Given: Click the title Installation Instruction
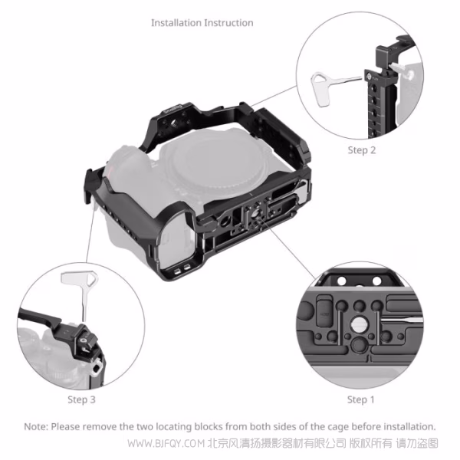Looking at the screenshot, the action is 202,23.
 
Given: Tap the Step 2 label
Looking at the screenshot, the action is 361,150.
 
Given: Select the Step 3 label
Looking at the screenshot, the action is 81,399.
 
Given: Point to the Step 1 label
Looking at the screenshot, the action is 361,399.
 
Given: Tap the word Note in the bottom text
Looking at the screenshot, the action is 35,426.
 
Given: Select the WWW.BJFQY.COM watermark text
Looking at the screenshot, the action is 166,444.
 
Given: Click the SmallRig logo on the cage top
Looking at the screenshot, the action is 173,109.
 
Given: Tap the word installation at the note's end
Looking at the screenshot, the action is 410,426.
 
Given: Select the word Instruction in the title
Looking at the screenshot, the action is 228,23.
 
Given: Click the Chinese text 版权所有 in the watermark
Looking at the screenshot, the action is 371,444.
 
